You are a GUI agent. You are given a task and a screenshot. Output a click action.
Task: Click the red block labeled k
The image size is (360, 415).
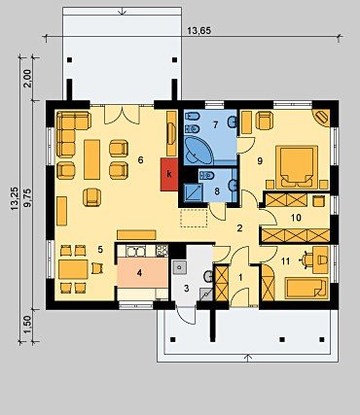[x=169, y=174]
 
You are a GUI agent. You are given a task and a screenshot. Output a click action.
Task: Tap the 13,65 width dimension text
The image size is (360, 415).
[x=199, y=31]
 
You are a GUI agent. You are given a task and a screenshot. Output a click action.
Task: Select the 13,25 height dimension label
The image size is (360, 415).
[x=15, y=198]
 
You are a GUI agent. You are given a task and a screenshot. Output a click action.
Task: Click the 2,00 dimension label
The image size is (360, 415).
[x=28, y=79]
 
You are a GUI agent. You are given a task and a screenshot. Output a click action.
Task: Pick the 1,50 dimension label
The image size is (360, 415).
[x=28, y=325]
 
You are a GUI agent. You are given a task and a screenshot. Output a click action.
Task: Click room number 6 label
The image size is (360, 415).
[x=140, y=160]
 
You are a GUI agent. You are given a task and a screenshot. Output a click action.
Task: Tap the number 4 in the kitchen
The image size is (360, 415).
[x=139, y=273]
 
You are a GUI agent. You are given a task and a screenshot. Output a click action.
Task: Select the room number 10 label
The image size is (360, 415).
[x=296, y=218]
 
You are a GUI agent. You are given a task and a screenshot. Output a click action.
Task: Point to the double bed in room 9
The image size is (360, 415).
[x=297, y=167]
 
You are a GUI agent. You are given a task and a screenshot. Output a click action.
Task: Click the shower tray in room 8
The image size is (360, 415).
[x=194, y=192]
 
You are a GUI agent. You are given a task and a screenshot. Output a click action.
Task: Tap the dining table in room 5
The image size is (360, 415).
[x=73, y=269]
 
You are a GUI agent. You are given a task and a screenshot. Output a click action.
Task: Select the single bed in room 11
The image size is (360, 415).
[x=306, y=289]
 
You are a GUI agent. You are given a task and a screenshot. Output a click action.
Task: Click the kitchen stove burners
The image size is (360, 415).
[x=162, y=250]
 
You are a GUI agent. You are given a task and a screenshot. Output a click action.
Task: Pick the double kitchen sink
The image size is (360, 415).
[x=136, y=251]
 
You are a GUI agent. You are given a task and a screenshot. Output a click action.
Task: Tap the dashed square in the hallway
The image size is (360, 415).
[x=194, y=218]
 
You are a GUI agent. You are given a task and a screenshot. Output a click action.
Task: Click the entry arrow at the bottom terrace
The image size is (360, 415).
[x=248, y=358]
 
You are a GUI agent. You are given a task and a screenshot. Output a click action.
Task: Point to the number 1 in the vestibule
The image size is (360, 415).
[x=240, y=277]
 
